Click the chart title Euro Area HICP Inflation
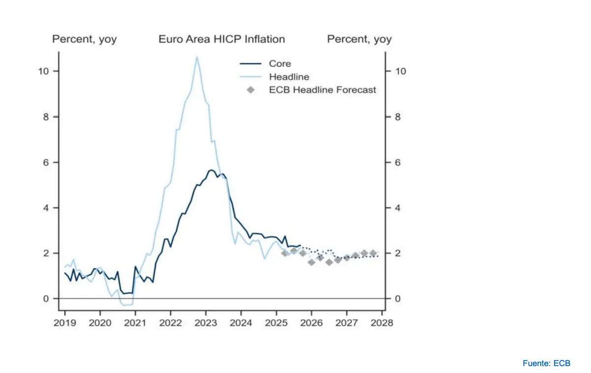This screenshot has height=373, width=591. [x=222, y=39]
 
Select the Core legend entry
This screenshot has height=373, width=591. [x=280, y=63]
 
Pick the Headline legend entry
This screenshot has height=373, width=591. [x=289, y=77]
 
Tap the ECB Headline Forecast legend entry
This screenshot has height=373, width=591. [x=322, y=90]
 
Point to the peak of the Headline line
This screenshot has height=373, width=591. [x=197, y=57]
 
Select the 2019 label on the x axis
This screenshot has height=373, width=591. [x=65, y=323]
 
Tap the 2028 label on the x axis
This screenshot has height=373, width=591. [x=382, y=323]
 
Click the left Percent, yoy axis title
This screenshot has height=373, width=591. [x=84, y=39]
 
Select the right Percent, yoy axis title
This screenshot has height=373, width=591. [x=360, y=39]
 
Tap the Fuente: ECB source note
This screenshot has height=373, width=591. [x=546, y=363]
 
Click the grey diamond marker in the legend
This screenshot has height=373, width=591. [x=251, y=90]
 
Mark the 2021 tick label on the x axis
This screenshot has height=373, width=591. [x=135, y=323]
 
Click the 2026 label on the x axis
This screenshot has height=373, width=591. [x=311, y=323]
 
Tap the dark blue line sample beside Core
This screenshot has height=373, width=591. [x=251, y=63]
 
